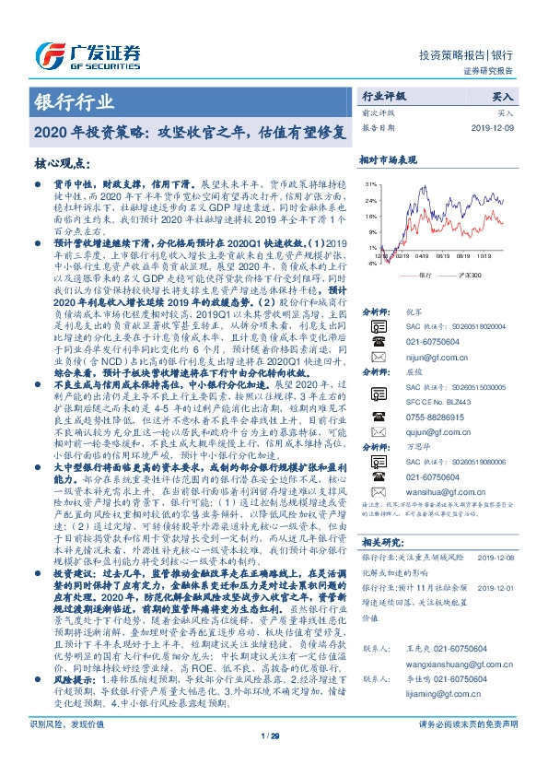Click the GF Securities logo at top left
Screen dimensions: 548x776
point(87,53)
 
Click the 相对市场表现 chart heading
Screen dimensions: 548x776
point(388,160)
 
